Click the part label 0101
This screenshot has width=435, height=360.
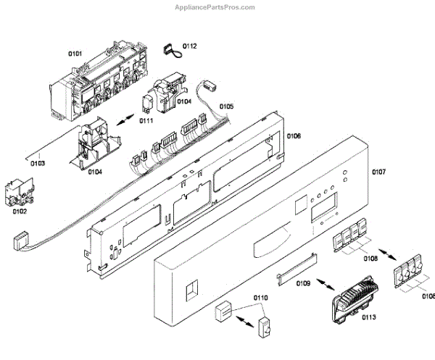(x=75, y=53)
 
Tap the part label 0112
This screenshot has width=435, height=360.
(x=189, y=46)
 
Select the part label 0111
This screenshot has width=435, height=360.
(x=147, y=121)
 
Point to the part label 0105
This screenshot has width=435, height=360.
(x=226, y=106)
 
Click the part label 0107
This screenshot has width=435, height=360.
(x=378, y=172)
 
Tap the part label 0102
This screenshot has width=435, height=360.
(x=20, y=212)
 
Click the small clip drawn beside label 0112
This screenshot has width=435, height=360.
(x=171, y=48)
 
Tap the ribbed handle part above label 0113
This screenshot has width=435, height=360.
(x=352, y=298)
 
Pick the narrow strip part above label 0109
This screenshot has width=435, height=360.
(x=296, y=265)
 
